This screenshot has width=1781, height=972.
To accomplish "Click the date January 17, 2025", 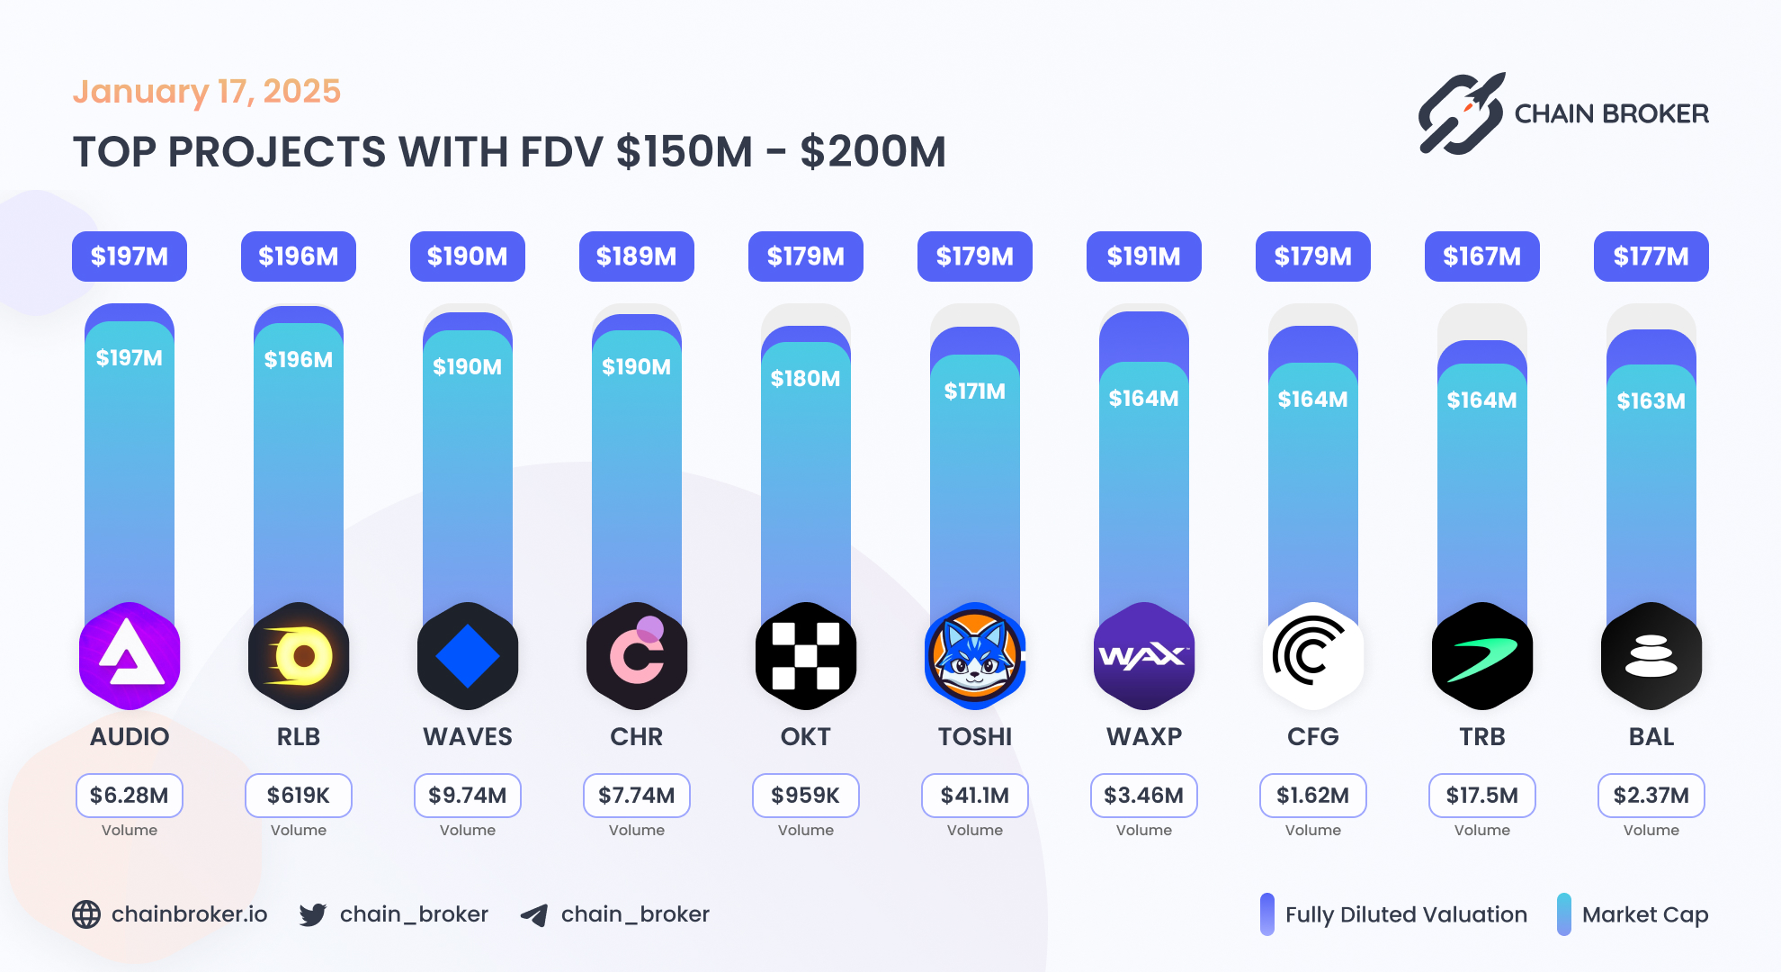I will [x=206, y=92].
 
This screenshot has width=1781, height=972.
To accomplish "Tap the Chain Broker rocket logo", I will [x=1461, y=114].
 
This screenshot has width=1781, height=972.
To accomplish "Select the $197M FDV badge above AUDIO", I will [x=130, y=256].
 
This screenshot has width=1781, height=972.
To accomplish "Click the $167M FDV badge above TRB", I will [x=1481, y=256].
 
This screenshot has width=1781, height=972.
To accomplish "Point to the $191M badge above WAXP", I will [x=1143, y=256].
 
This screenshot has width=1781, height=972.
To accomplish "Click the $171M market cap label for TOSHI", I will [x=974, y=391].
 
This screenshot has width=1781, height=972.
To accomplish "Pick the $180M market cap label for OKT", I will [x=805, y=379].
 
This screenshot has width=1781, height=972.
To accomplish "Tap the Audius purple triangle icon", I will [x=130, y=656].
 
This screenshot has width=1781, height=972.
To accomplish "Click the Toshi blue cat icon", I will [x=974, y=656].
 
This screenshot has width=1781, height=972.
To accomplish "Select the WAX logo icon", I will [x=1143, y=656].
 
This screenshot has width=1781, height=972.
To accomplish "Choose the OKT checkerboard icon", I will [x=805, y=656].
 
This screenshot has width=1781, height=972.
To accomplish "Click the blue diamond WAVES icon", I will [x=468, y=656].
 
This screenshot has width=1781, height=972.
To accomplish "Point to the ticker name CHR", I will [x=636, y=737].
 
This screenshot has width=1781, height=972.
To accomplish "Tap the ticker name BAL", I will [x=1651, y=737].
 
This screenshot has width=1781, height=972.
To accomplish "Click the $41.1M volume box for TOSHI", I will [x=974, y=796].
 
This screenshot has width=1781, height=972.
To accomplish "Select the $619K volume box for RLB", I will [x=299, y=796].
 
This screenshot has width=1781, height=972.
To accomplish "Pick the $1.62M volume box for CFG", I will [x=1312, y=796].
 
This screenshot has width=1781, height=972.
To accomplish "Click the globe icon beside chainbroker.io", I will [x=86, y=914].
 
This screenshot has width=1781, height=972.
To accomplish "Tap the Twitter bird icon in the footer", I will [x=313, y=914].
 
